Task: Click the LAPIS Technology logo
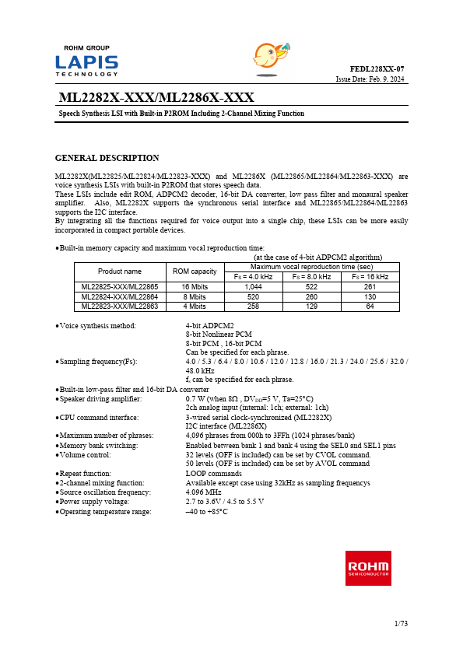[x=86, y=61]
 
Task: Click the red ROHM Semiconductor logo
[x=368, y=568]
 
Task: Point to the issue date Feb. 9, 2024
[x=370, y=79]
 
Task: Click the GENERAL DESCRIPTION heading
[x=107, y=158]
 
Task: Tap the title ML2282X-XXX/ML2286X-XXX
[x=156, y=97]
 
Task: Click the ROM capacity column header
[x=194, y=271]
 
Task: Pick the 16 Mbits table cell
[x=194, y=287]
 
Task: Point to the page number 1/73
[x=400, y=625]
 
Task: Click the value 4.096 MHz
[x=202, y=492]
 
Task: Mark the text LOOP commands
[x=213, y=473]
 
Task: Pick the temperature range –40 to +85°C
[x=206, y=512]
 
